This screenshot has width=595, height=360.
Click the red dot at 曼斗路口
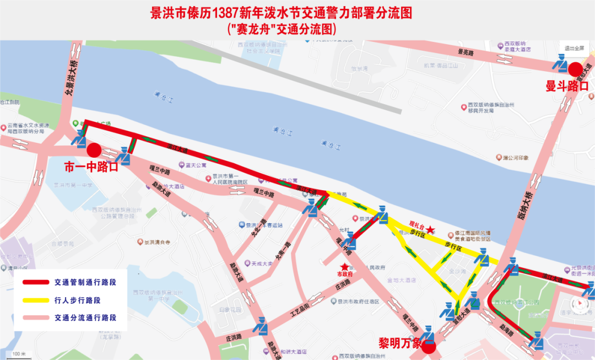(576, 69)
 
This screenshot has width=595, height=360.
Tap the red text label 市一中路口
(91, 166)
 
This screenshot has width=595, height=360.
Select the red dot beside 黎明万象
(429, 346)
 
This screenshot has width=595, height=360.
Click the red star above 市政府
(345, 266)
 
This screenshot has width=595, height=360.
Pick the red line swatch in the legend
(35, 282)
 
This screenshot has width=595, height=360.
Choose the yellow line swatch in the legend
(35, 300)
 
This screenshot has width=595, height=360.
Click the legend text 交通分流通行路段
(85, 318)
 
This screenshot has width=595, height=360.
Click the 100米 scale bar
(19, 353)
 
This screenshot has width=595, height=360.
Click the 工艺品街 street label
(300, 313)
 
